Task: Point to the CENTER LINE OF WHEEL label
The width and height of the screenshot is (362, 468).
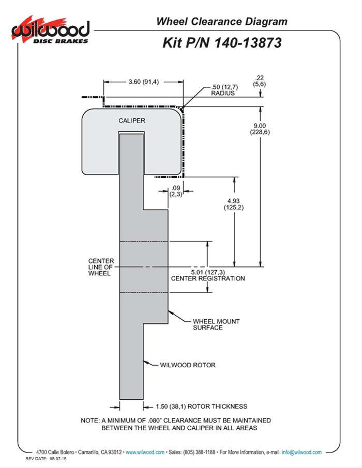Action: click(x=101, y=267)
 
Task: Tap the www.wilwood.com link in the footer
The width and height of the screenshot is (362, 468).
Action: click(x=145, y=452)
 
